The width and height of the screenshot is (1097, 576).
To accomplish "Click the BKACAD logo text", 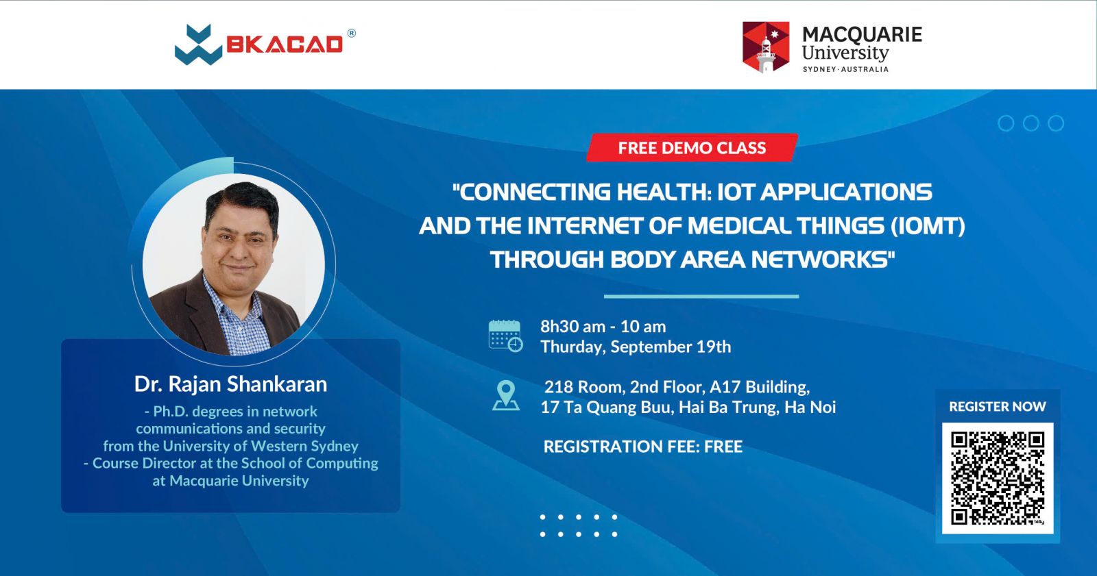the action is [284, 45].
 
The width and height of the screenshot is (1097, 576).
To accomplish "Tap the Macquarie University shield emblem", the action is [766, 47].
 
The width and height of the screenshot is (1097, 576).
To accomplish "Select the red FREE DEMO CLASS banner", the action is [692, 148].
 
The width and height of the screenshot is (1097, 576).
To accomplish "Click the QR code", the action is [998, 478].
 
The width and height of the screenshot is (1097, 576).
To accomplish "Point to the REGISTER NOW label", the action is [998, 407].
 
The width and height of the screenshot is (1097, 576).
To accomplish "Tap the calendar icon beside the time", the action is [506, 336].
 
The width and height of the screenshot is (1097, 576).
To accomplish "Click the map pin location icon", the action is [506, 395].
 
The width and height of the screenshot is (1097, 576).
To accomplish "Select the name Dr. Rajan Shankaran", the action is [230, 384].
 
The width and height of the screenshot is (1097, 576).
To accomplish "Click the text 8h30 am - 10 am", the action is [603, 327].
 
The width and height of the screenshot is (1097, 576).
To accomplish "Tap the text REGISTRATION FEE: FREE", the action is [643, 447].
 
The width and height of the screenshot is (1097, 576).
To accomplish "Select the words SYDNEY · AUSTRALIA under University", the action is [845, 69].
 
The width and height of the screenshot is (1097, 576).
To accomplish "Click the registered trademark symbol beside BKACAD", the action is [352, 34].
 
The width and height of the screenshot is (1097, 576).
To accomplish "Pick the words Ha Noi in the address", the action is [810, 407].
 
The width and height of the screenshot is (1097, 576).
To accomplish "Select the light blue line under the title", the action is [701, 297].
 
